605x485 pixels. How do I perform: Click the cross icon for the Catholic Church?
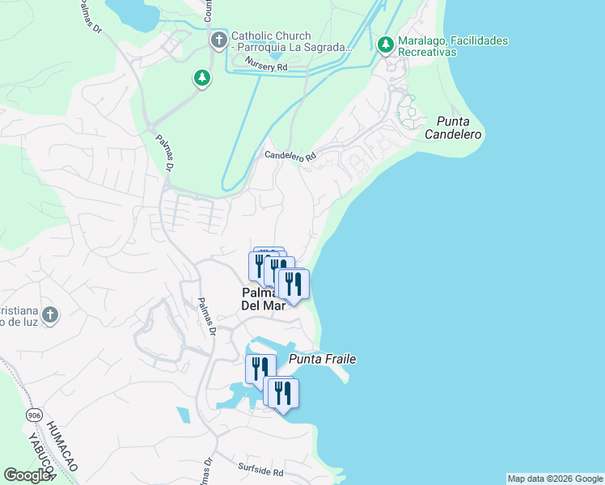218,40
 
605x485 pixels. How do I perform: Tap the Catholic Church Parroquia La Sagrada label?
292,41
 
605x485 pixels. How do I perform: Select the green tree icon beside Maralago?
385,44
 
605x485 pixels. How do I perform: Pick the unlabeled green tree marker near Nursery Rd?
201,78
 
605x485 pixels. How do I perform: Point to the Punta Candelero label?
453,128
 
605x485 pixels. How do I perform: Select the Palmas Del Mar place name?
263,299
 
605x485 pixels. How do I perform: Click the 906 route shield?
34,415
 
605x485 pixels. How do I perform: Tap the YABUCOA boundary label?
36,456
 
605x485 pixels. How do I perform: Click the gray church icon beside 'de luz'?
50,314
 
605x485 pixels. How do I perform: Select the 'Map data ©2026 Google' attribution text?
555,479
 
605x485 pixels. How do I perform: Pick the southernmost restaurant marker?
283,394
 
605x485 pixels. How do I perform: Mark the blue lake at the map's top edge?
133,10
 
